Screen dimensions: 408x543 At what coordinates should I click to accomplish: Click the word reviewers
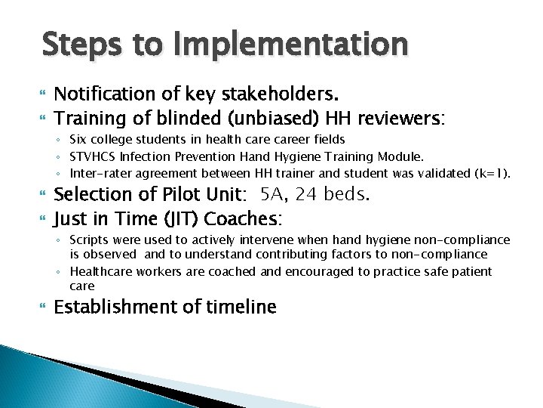coord(400,118)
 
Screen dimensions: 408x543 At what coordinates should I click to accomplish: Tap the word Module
coord(402,156)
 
